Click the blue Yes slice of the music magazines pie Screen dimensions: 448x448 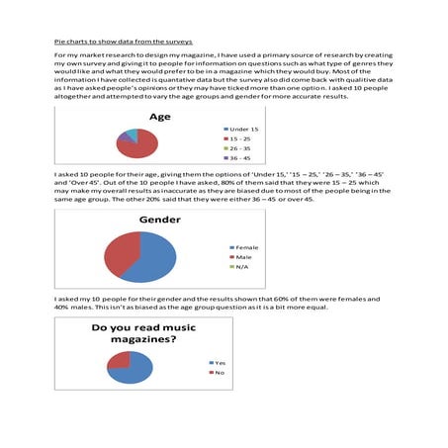(132, 370)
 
